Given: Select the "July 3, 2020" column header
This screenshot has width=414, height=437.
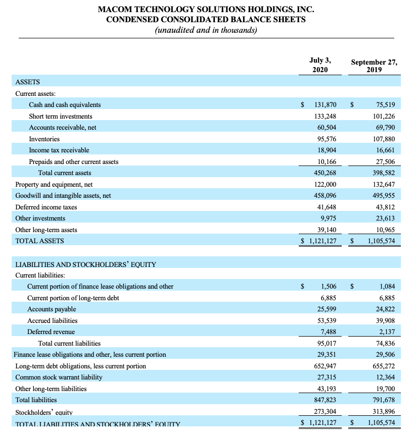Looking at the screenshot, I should (x=320, y=65).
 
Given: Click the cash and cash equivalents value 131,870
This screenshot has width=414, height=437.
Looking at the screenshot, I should (x=325, y=105).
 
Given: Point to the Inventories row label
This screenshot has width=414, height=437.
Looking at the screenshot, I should (x=44, y=139).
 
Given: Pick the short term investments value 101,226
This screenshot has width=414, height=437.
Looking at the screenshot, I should (x=383, y=116).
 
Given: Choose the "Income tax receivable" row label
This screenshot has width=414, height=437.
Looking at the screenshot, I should (x=59, y=150).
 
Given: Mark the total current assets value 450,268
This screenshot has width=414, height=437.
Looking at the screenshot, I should (x=325, y=173).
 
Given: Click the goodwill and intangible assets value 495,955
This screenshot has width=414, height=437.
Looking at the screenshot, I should (x=383, y=196).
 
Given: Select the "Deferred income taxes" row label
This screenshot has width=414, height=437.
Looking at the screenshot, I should (x=46, y=207).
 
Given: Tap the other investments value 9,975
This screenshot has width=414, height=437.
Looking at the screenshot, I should (x=328, y=219).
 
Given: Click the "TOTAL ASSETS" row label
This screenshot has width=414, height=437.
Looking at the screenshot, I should (x=39, y=241).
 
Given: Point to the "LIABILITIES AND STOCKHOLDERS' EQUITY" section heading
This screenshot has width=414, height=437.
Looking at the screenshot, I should (x=85, y=264).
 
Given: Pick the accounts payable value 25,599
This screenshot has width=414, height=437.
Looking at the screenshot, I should (x=327, y=309).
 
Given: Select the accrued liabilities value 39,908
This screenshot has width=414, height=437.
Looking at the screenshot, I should (x=384, y=320).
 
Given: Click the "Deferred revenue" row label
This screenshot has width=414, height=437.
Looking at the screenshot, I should (x=51, y=332).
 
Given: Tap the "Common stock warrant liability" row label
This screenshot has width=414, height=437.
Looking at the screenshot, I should (x=59, y=377).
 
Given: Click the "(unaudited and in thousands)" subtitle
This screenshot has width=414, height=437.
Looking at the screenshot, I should (x=206, y=30).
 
